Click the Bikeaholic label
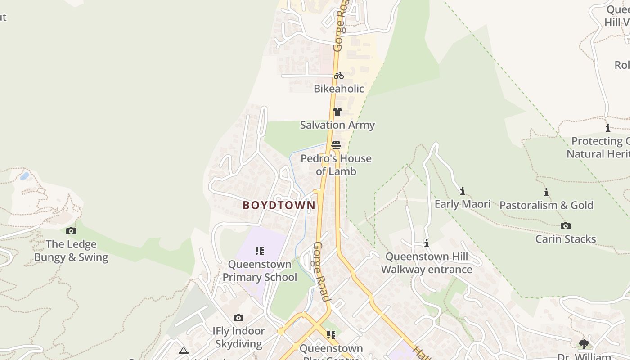tap(338, 89)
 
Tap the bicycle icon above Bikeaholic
tap(338, 76)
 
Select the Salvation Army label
tap(337, 125)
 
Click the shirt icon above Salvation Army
tap(337, 112)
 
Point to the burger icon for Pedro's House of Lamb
tap(336, 145)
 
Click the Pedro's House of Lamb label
tap(336, 165)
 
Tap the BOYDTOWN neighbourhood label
tap(279, 205)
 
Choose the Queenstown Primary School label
tap(260, 270)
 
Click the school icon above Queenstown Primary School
tap(260, 251)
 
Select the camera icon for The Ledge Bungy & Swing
tap(71, 231)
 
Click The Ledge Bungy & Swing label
tap(71, 251)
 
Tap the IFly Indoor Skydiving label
tap(238, 337)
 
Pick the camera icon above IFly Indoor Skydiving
tap(238, 318)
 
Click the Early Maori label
tap(462, 204)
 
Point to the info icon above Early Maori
tap(462, 191)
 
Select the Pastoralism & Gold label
tap(546, 205)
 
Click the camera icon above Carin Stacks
tap(566, 226)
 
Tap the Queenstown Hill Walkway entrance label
tap(427, 263)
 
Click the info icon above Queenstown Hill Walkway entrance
tap(427, 243)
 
